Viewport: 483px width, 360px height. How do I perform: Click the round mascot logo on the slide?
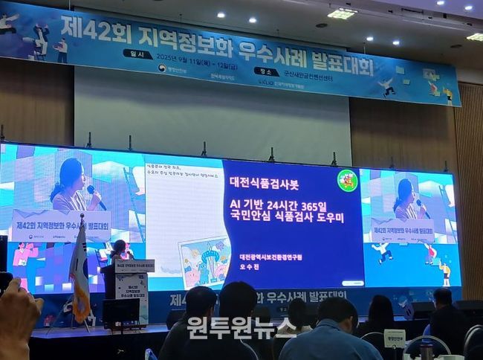[x=347, y=180]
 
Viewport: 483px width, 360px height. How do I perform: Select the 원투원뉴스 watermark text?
[x=241, y=327]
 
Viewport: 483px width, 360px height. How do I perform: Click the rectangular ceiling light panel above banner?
[x=341, y=13]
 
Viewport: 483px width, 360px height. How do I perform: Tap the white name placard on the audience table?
[x=394, y=337]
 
